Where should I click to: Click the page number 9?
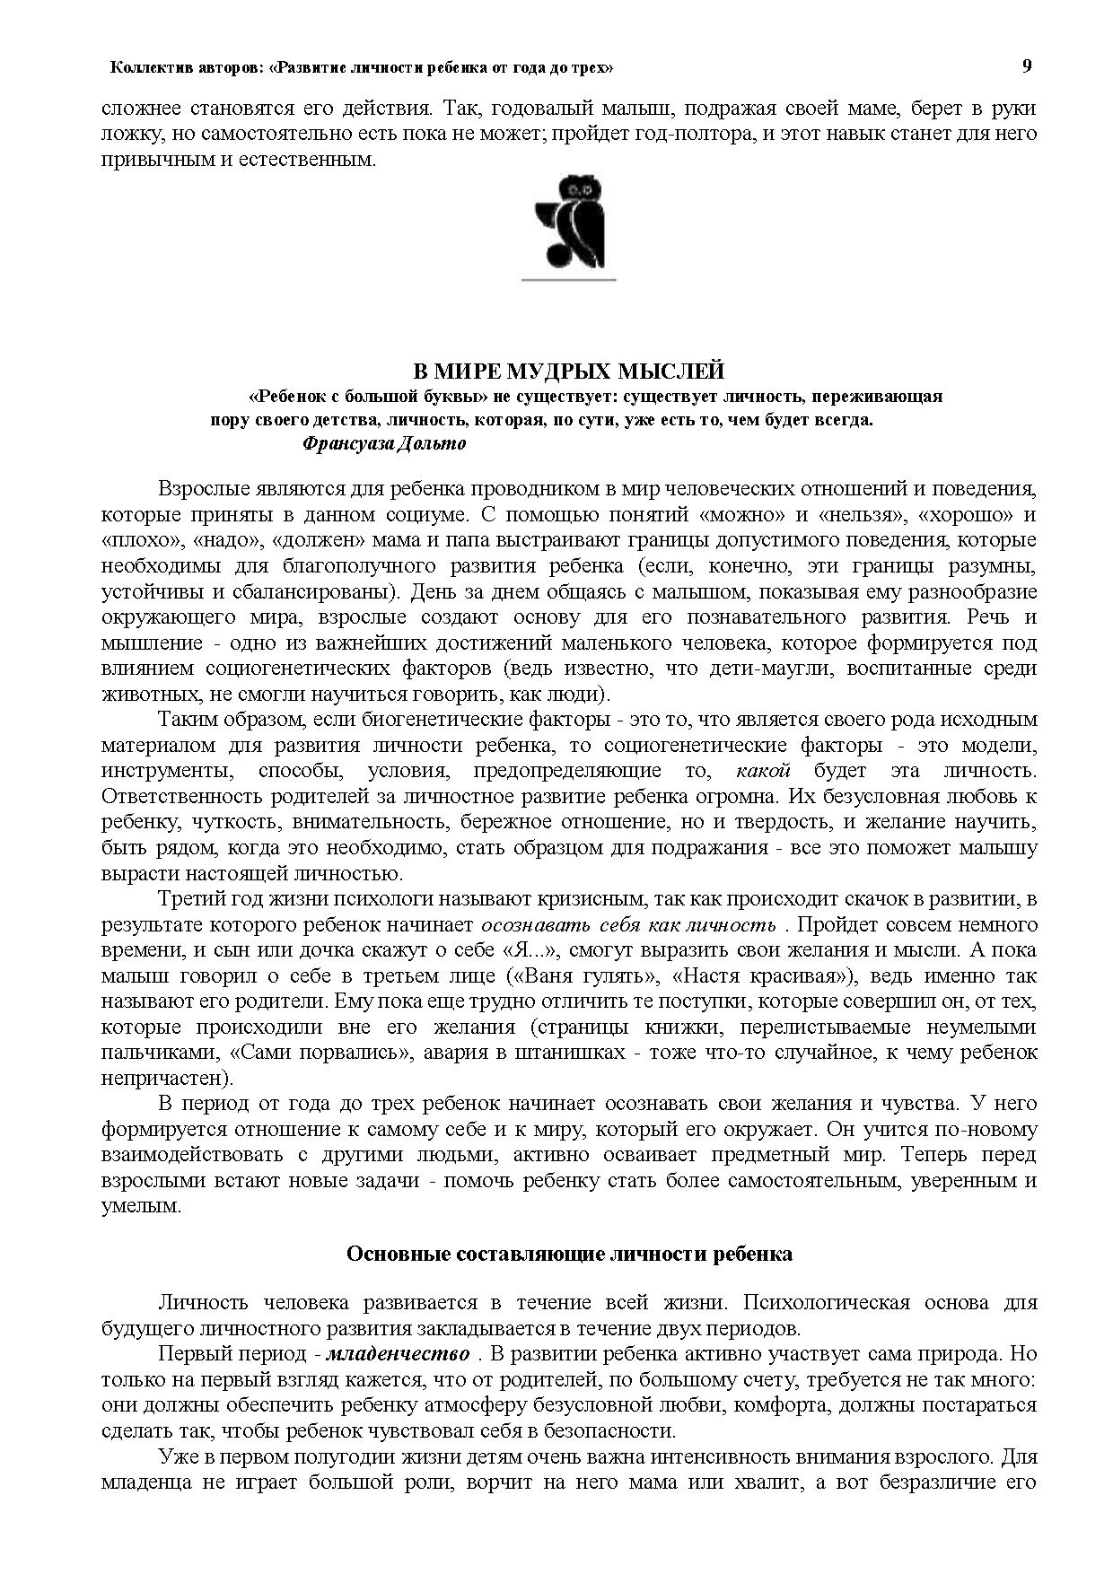(x=1027, y=66)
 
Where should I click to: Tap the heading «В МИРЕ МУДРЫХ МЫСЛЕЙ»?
(x=567, y=372)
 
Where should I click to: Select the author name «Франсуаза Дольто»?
(x=385, y=443)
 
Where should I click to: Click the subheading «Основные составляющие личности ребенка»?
(x=569, y=1254)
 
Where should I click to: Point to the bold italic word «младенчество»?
(x=397, y=1353)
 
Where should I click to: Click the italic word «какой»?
(x=762, y=771)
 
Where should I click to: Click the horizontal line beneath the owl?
(x=569, y=280)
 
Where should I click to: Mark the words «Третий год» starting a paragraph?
(x=203, y=899)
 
